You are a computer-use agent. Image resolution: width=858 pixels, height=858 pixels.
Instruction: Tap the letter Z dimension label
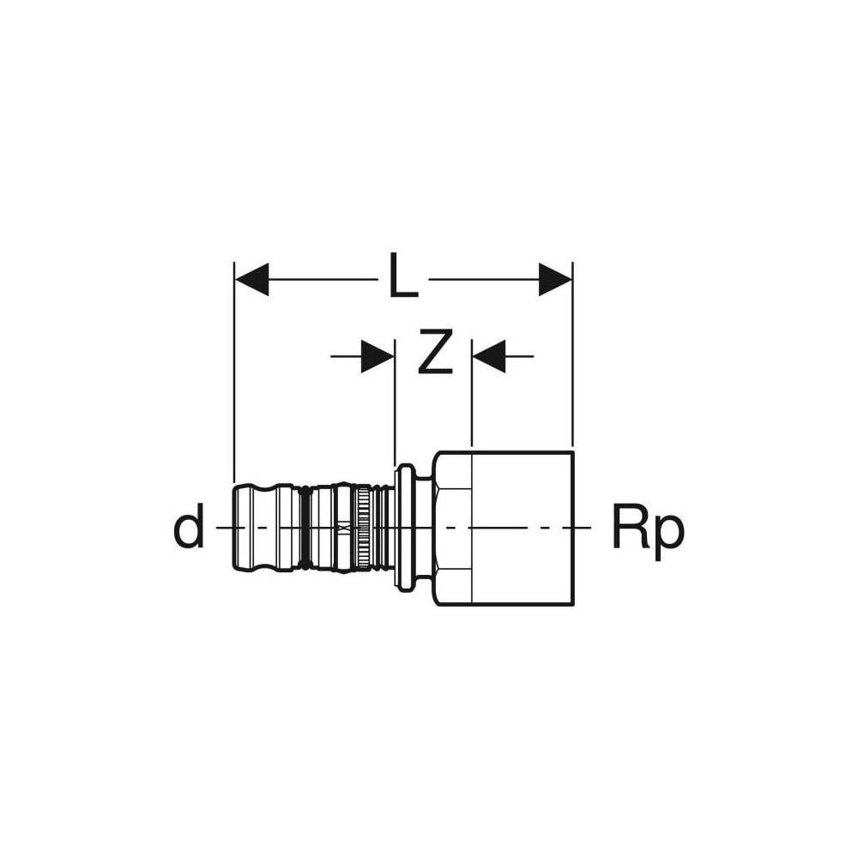click(435, 353)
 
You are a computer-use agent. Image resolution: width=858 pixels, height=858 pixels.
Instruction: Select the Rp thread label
click(648, 529)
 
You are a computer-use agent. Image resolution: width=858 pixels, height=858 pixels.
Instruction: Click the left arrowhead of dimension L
click(251, 280)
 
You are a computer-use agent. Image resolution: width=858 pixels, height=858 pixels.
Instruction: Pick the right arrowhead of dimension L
click(555, 280)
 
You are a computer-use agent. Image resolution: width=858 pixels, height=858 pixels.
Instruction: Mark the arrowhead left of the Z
click(378, 356)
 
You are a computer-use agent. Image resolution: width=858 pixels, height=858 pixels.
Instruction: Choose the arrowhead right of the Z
click(488, 356)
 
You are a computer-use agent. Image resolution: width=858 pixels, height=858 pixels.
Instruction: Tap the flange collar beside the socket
click(404, 528)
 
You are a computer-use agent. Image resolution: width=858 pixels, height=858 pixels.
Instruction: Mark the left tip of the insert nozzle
click(235, 528)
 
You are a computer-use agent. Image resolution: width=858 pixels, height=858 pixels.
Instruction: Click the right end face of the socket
click(572, 528)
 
